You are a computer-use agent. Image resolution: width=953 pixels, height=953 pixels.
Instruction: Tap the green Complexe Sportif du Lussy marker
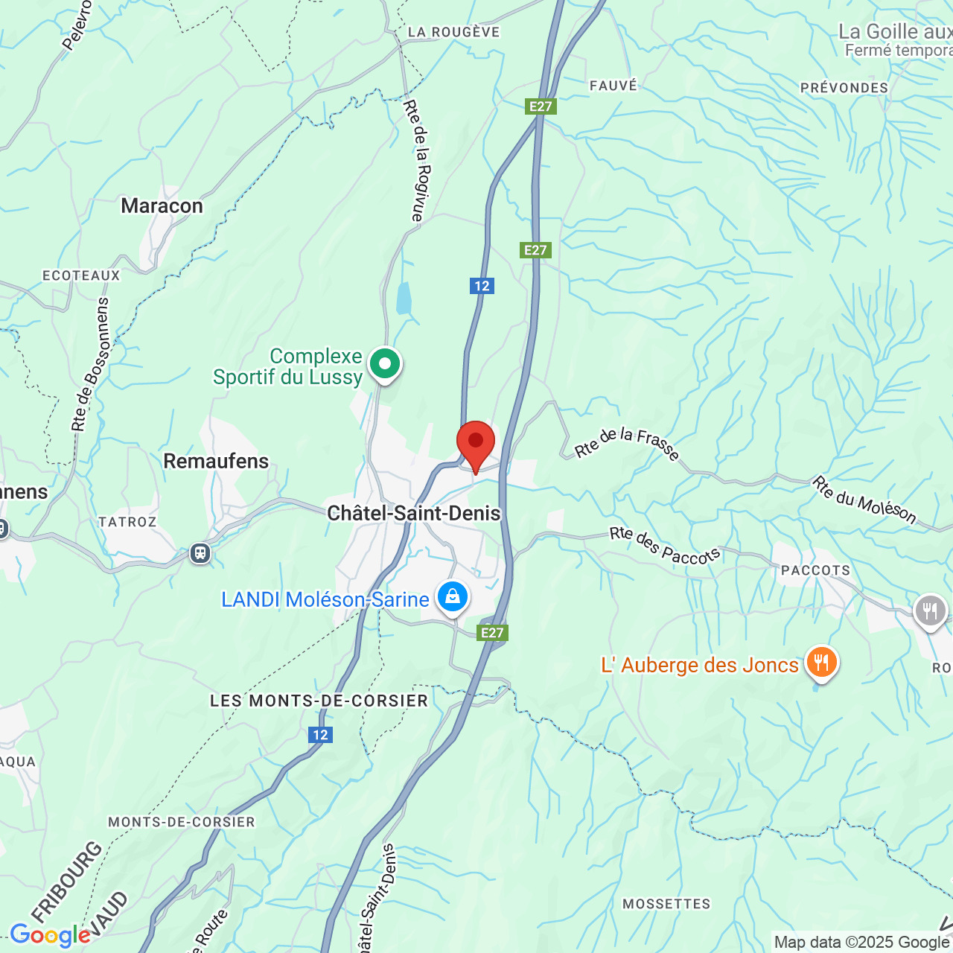(x=385, y=365)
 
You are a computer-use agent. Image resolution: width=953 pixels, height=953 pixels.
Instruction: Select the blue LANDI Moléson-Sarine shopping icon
(x=452, y=597)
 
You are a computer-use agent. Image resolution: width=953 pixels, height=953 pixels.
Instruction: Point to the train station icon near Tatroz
(x=200, y=553)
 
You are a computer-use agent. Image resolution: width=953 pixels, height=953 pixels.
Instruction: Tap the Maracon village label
(x=162, y=206)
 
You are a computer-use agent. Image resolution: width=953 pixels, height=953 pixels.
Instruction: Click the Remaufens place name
(x=216, y=462)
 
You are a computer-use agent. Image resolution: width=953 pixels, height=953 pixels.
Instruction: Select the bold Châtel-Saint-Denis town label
(x=414, y=513)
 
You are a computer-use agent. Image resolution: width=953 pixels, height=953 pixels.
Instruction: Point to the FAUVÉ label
(x=613, y=86)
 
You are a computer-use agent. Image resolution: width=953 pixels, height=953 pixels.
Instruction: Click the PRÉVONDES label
(x=844, y=88)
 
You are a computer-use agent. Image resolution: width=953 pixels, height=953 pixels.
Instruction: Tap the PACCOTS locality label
(x=815, y=570)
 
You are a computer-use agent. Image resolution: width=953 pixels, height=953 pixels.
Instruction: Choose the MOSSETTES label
(x=666, y=904)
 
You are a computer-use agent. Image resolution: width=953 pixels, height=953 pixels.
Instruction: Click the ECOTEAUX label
(x=81, y=275)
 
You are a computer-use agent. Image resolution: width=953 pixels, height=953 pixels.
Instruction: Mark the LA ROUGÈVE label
(x=453, y=32)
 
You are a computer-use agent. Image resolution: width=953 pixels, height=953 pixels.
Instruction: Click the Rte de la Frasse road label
(x=627, y=444)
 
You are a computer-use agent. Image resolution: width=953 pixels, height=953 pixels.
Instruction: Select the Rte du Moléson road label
(x=864, y=500)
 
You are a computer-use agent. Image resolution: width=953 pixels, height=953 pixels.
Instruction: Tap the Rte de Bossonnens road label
(x=91, y=365)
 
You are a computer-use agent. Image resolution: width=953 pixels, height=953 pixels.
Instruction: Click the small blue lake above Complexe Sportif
(x=404, y=299)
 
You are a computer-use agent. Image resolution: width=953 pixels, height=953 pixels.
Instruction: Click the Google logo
(x=50, y=935)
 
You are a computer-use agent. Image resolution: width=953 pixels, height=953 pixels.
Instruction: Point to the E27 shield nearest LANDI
(x=492, y=633)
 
